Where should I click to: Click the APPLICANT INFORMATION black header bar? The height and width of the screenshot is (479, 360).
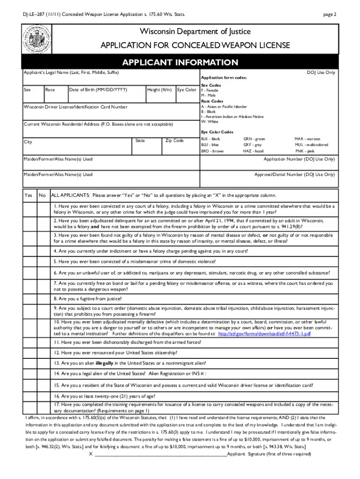[x=180, y=63]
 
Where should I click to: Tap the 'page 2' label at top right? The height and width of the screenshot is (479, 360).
[x=329, y=15]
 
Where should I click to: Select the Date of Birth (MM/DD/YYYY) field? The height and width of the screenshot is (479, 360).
[x=106, y=93]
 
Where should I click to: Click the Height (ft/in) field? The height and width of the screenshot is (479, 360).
[x=160, y=93]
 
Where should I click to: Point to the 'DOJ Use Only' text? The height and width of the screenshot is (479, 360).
[x=321, y=73]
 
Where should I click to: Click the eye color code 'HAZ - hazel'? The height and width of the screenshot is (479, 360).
[x=253, y=151]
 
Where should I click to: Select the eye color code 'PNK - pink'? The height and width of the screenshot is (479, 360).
[x=304, y=151]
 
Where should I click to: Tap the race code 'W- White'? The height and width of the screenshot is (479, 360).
[x=210, y=122]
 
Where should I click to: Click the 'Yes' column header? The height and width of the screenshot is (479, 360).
[x=29, y=195]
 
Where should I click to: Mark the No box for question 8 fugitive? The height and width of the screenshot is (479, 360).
[x=43, y=298]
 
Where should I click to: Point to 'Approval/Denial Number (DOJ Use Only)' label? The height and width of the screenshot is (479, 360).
[x=294, y=174]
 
